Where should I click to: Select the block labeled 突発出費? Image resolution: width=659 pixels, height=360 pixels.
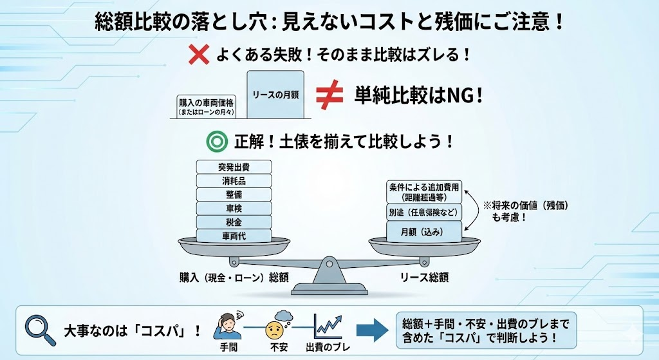click(234, 167)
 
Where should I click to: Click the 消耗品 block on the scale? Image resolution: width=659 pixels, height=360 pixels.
click(234, 180)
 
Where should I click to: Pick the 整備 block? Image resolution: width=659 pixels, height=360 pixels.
click(234, 194)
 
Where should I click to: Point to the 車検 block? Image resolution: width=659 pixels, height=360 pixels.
click(234, 208)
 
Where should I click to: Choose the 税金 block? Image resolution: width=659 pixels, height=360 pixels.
click(234, 222)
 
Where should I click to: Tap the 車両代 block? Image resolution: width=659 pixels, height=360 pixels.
click(234, 236)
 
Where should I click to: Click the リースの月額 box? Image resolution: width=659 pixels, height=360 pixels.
click(275, 95)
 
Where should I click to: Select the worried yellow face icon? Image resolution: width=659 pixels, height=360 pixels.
click(275, 331)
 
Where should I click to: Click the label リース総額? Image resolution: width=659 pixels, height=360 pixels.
click(424, 278)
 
